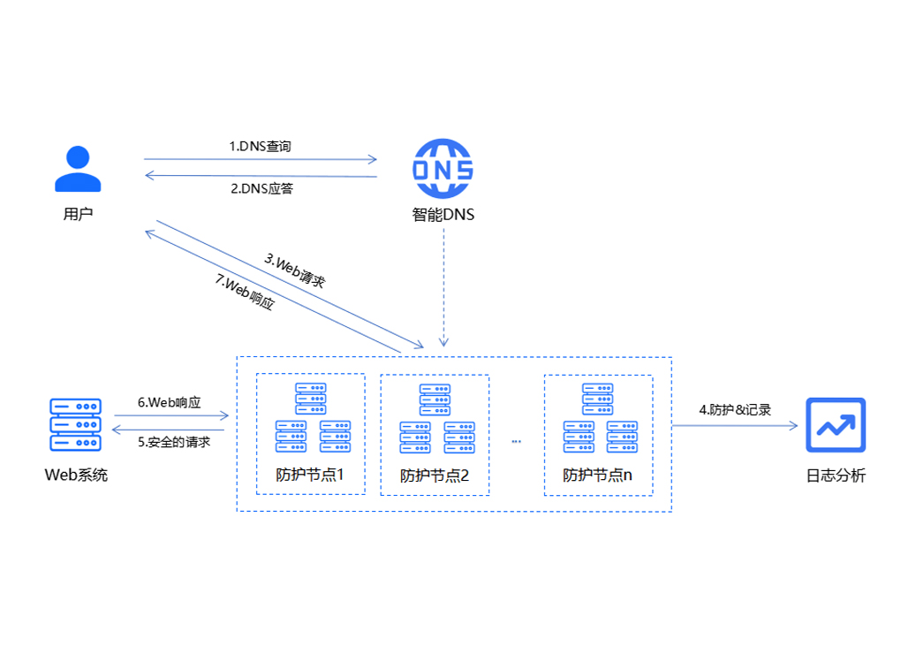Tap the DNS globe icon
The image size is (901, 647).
pos(443,169)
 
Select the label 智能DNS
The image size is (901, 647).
pos(443,214)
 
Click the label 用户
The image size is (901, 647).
pos(78,214)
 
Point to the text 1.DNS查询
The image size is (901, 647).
pos(260,147)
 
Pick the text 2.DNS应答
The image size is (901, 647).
pos(261,188)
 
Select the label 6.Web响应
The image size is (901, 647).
pos(169,402)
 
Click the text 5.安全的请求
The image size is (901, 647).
pos(174,442)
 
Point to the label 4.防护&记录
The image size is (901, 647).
pos(735,409)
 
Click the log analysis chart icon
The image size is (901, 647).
pos(836,425)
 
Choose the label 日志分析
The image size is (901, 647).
pos(836,476)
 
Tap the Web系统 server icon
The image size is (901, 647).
pos(76,425)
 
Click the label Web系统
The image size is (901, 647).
pos(76,476)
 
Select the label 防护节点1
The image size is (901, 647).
pos(309,476)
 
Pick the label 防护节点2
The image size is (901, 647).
pos(434,476)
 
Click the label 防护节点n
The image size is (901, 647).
pos(598,476)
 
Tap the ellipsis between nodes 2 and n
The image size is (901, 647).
pos(517,440)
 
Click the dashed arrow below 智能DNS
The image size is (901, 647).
pos(444,292)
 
